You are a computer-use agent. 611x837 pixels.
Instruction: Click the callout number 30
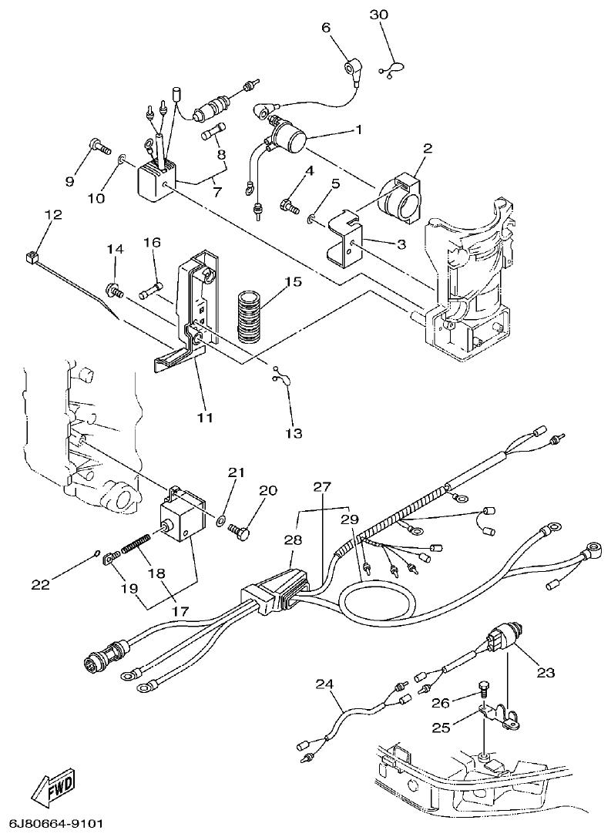coord(379,15)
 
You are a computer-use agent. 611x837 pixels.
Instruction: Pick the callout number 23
coord(546,672)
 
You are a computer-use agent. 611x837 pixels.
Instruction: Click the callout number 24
coord(325,683)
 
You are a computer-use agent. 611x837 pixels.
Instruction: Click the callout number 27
coord(321,486)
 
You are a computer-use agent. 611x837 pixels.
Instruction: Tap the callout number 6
coord(325,28)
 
